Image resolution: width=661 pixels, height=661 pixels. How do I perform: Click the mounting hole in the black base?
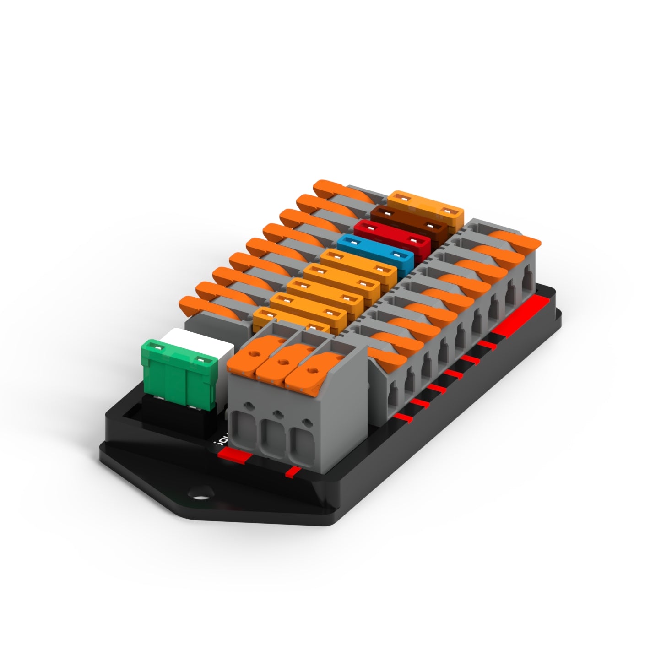coord(200,494)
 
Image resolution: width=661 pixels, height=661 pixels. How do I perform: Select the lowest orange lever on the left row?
coord(201,306)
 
